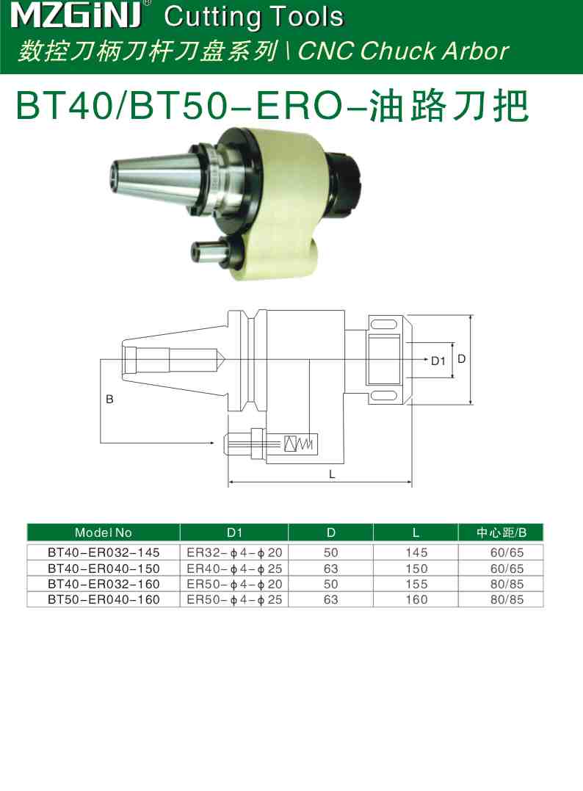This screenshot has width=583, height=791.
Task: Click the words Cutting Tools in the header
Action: tap(254, 16)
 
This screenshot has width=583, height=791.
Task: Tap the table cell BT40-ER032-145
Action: tap(104, 552)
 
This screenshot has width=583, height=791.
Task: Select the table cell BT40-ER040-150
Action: tap(104, 568)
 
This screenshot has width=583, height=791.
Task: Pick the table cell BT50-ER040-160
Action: tap(104, 599)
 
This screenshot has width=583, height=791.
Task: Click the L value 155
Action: tap(416, 584)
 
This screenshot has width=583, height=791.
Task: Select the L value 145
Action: tap(416, 552)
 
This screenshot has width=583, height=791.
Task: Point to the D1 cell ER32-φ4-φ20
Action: tap(234, 552)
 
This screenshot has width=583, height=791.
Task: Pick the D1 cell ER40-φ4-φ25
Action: tap(234, 568)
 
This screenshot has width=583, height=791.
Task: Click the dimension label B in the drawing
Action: tap(109, 400)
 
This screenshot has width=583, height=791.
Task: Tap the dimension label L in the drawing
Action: tap(332, 474)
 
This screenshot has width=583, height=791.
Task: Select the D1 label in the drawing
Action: tap(438, 361)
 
